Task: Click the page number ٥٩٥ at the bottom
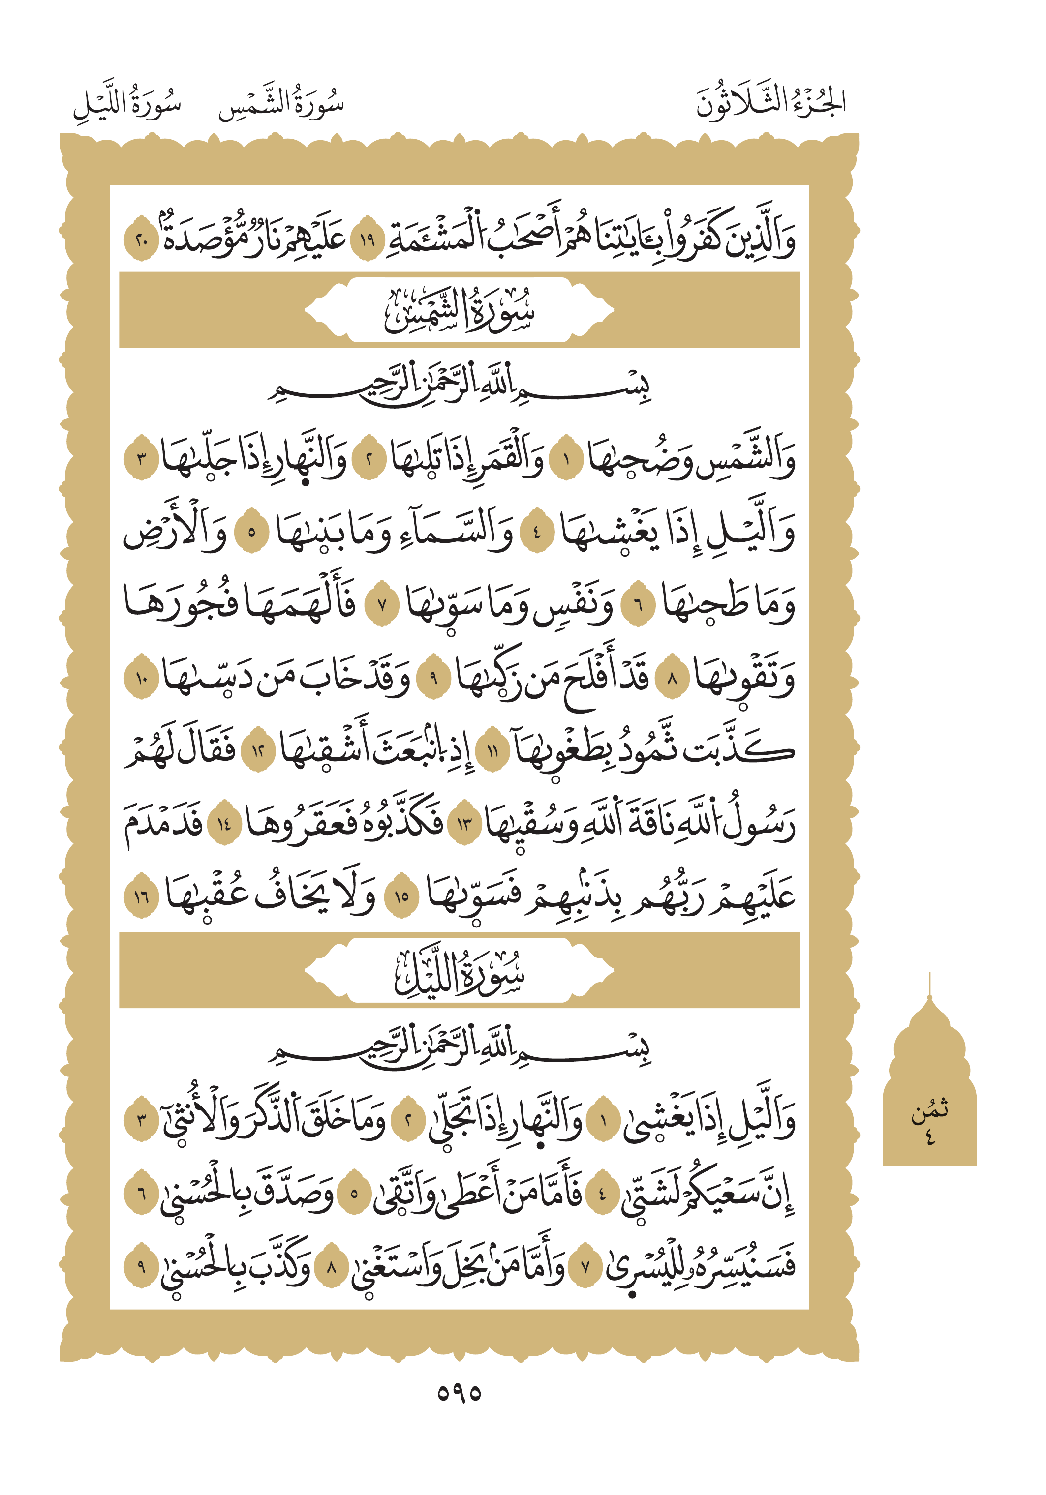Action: (x=459, y=1393)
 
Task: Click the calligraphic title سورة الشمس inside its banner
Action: (x=459, y=311)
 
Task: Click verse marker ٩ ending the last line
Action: (x=141, y=1266)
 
